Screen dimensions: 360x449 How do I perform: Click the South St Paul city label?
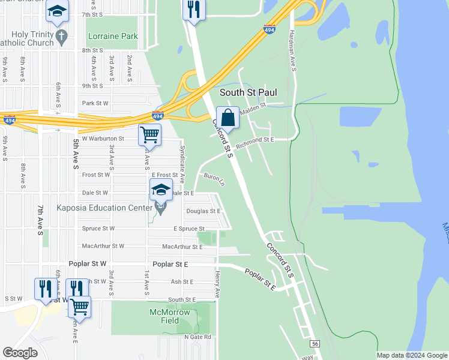pyautogui.click(x=249, y=92)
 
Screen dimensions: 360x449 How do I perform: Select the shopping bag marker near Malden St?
pyautogui.click(x=228, y=116)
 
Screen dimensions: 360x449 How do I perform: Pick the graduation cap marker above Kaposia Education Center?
pyautogui.click(x=161, y=190)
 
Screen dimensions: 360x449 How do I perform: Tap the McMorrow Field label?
pyautogui.click(x=170, y=316)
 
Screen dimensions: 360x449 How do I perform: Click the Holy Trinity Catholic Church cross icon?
pyautogui.click(x=61, y=37)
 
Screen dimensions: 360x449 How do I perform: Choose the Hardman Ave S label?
pyautogui.click(x=294, y=50)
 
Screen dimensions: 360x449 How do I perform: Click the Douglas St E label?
pyautogui.click(x=203, y=211)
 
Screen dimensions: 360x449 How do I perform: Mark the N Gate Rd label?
pyautogui.click(x=198, y=337)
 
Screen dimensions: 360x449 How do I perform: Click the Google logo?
pyautogui.click(x=20, y=353)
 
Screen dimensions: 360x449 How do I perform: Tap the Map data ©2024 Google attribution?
pyautogui.click(x=411, y=355)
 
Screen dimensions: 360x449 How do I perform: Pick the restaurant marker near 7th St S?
pyautogui.click(x=193, y=10)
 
